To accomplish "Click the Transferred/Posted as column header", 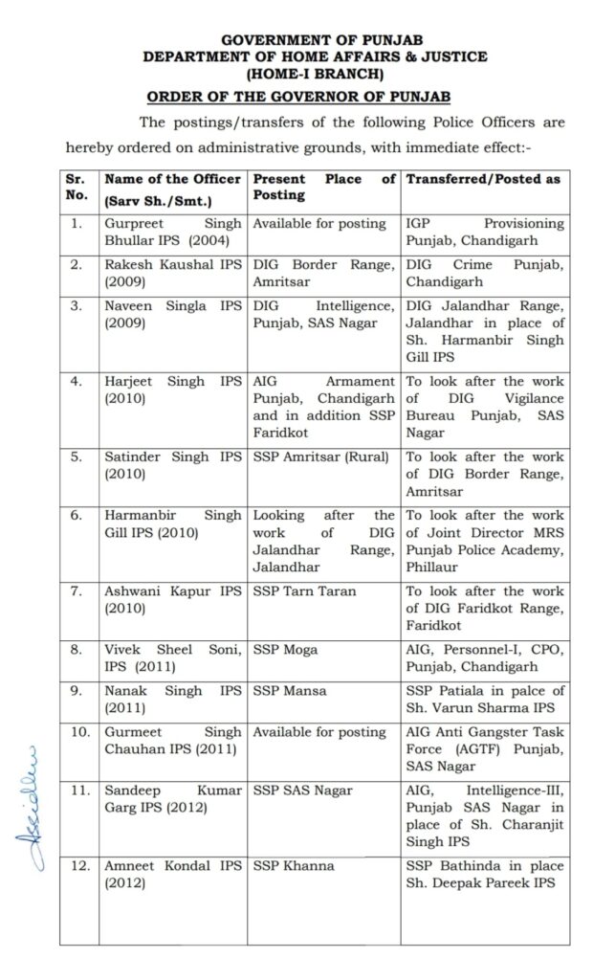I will point(483,179).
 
